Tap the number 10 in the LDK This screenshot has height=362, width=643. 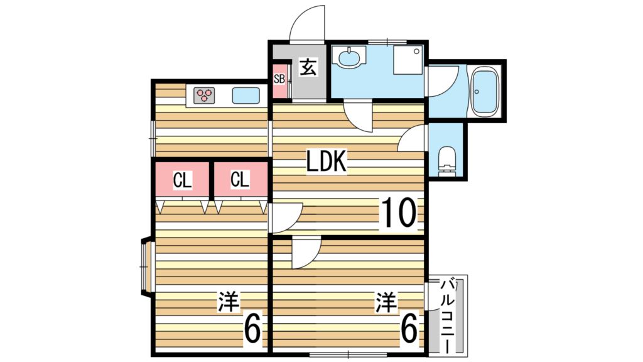point(399,212)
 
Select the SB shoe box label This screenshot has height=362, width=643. point(279,79)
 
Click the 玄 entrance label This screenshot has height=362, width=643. point(308,67)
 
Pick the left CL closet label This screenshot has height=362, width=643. point(182,180)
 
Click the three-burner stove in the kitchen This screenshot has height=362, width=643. point(204,96)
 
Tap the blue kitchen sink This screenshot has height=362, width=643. point(246,96)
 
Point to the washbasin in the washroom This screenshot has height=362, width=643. point(349,57)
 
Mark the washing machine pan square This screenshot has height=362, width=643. point(408,60)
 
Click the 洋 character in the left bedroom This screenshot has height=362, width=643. point(228,301)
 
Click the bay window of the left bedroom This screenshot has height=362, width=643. point(146,266)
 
